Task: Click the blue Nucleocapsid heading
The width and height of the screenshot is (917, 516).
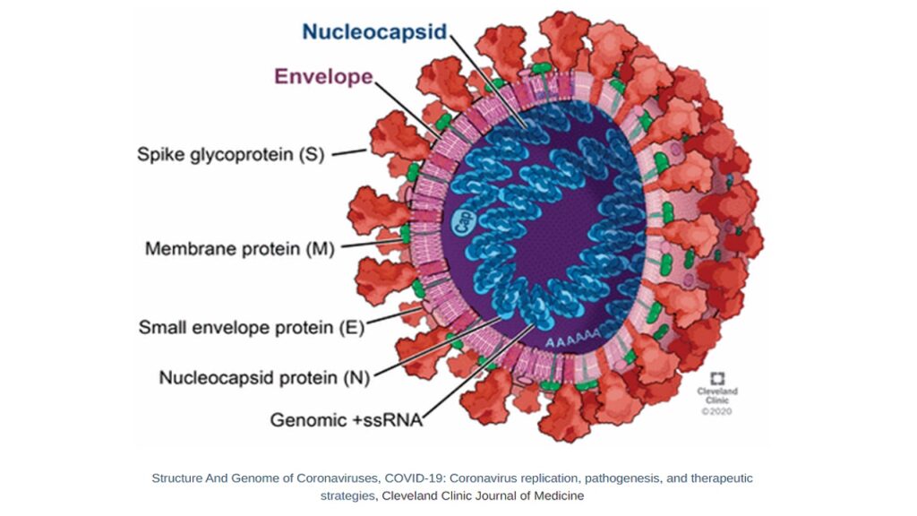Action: (373, 32)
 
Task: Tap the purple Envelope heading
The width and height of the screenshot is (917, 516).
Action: (323, 76)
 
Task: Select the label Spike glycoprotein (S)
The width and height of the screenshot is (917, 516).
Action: (230, 154)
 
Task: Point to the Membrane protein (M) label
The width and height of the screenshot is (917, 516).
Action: (239, 248)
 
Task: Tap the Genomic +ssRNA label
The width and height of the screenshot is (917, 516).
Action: (347, 418)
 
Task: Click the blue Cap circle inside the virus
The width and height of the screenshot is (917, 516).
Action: (464, 221)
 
